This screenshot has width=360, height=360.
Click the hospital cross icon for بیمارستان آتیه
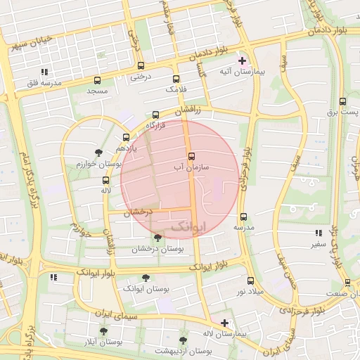tap(243, 61)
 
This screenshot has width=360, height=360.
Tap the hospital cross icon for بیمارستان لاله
tap(224, 323)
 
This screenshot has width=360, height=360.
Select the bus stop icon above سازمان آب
tap(191, 156)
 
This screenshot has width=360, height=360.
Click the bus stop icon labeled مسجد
tap(97, 79)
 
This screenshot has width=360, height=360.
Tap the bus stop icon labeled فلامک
tap(176, 79)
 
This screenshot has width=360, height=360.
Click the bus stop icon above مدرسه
tap(243, 217)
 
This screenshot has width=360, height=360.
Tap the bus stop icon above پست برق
tap(342, 101)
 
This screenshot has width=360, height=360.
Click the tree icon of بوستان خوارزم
tap(98, 153)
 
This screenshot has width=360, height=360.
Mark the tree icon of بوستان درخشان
tap(157, 238)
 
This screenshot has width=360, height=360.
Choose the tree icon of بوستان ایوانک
tap(146, 278)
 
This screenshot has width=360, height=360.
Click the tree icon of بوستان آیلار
tap(103, 330)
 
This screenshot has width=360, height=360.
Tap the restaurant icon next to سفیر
tap(319, 233)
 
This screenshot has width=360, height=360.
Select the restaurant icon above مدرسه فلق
tap(45, 72)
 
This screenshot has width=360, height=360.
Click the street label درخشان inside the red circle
tap(139, 212)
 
